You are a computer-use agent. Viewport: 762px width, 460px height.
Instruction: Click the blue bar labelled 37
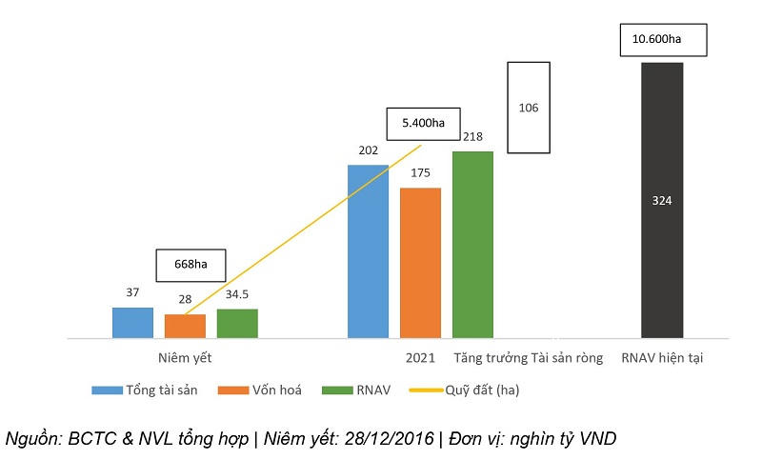click(132, 323)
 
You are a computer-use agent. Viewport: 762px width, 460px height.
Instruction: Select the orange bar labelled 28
click(185, 326)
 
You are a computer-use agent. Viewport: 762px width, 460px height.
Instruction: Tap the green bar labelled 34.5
click(237, 324)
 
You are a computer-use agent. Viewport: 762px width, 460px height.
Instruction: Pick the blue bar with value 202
click(368, 251)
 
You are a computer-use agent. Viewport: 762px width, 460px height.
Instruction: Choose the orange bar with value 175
click(420, 263)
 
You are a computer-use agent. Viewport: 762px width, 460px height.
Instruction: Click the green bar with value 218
click(472, 245)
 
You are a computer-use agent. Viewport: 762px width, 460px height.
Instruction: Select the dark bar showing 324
click(662, 200)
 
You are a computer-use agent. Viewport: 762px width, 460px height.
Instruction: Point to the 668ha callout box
click(192, 265)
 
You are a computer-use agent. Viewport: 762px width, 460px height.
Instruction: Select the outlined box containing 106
click(529, 108)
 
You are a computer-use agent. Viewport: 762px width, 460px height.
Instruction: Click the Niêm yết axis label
click(185, 359)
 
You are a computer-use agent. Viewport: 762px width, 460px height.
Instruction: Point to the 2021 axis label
click(420, 359)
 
